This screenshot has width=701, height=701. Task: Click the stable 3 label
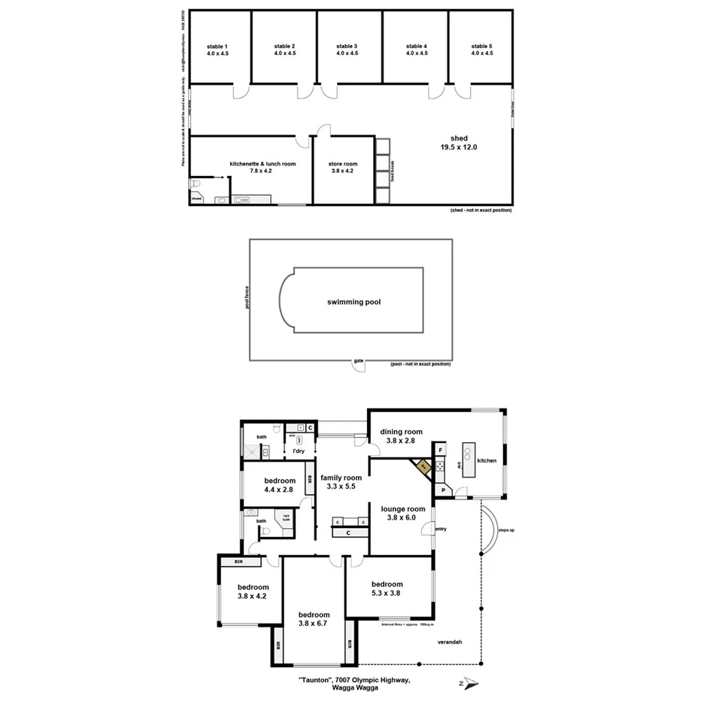click(x=347, y=50)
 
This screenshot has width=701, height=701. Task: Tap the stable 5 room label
click(x=482, y=50)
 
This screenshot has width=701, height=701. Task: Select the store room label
click(x=343, y=167)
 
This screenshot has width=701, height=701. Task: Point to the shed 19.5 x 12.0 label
click(x=459, y=143)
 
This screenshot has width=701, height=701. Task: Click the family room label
click(x=341, y=482)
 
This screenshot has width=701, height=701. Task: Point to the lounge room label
click(x=403, y=513)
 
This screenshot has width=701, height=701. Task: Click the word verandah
click(x=448, y=642)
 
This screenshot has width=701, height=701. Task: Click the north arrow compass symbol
click(x=470, y=683)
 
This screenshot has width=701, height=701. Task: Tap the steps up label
click(x=506, y=530)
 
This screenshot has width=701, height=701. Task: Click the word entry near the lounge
click(x=441, y=529)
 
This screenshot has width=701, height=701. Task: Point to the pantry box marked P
click(x=443, y=490)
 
